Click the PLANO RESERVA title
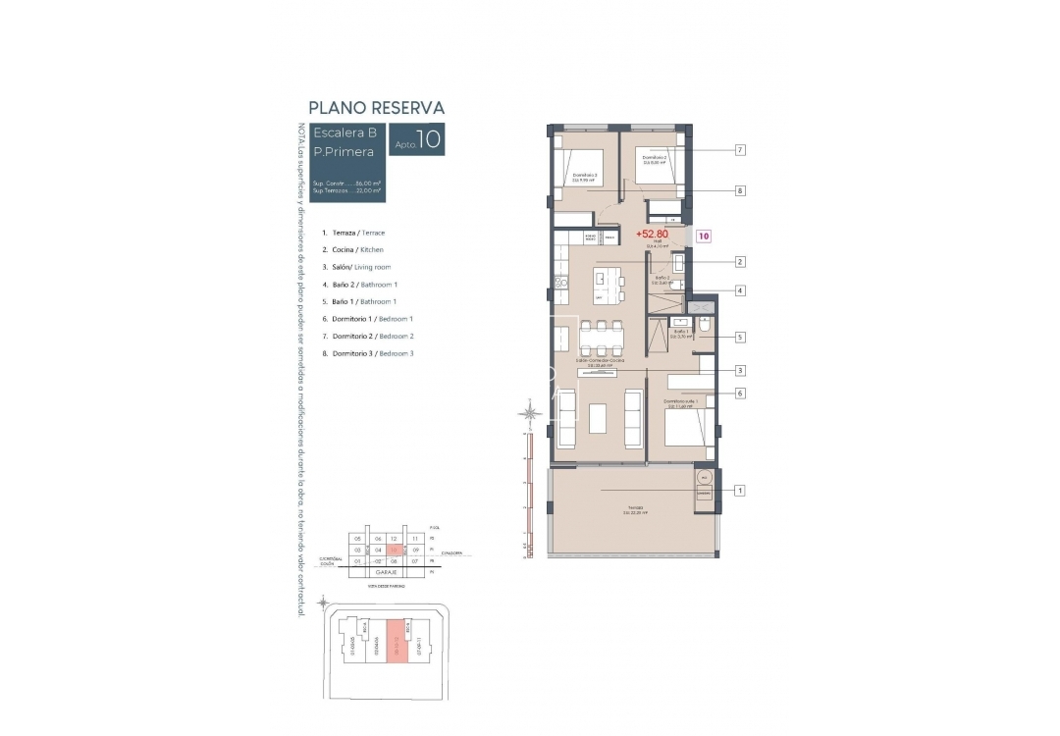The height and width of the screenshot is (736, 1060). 377,107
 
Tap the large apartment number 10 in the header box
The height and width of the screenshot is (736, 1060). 428,141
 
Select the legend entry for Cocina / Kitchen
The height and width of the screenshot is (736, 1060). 350,250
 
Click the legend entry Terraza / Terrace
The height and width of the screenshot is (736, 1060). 353,233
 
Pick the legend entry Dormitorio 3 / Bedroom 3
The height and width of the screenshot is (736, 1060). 367,353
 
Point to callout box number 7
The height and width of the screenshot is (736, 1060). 740,150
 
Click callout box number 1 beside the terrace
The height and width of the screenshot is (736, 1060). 740,490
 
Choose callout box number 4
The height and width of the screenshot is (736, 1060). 740,290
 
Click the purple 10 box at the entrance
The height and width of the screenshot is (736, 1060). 704,236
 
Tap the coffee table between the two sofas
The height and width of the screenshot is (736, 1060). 600,419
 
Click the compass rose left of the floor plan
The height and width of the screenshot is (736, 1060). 531,413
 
